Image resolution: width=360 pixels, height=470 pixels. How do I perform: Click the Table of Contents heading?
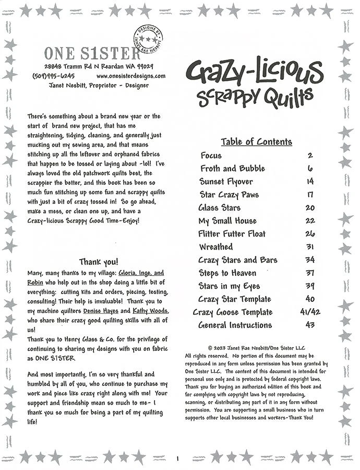click(256, 142)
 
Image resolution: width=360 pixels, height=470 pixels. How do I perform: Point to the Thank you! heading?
click(99, 262)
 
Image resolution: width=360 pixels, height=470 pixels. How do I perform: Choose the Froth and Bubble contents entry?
click(233, 169)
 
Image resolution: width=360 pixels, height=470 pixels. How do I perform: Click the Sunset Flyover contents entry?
click(226, 182)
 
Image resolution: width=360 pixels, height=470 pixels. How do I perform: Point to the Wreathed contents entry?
click(216, 247)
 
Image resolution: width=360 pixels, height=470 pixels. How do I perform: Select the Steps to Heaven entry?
click(227, 273)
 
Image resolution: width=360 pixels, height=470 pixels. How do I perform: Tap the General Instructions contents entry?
click(235, 325)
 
